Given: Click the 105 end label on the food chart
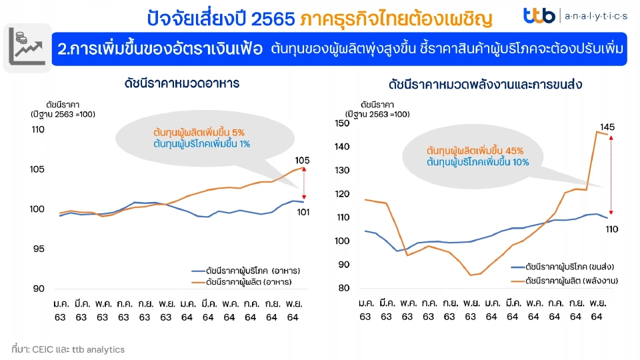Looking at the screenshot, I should pos(302,160).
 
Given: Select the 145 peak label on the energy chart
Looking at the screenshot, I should pos(607,127).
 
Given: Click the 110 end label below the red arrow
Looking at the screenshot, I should pos(612,229).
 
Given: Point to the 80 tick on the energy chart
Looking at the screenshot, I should pos(344,289).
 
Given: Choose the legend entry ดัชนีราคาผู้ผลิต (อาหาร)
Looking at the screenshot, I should pos(249,282).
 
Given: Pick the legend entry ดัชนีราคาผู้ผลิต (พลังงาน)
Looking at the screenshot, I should pos(571,281).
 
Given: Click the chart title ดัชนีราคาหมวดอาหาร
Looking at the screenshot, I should pos(181,84).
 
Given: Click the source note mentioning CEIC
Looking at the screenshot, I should pos(68,349).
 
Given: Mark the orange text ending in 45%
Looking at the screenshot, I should pos(475,150).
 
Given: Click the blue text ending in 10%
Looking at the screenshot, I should pos(477,162).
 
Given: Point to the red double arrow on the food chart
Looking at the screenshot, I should pos(304,183).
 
